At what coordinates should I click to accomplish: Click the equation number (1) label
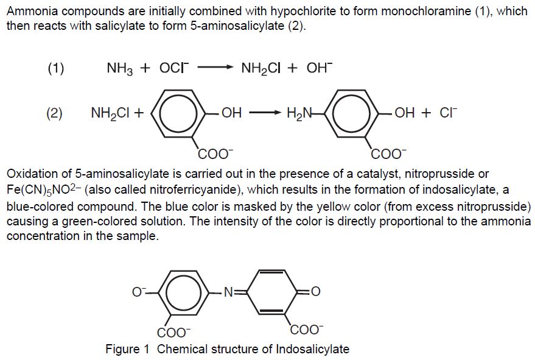click(x=55, y=68)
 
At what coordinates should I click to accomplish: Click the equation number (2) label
click(x=55, y=113)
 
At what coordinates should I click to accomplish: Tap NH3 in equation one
click(x=120, y=68)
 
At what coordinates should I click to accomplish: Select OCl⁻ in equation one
click(x=175, y=68)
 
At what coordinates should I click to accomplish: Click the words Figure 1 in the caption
click(x=127, y=349)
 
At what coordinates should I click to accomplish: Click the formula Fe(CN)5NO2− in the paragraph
click(x=44, y=189)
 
